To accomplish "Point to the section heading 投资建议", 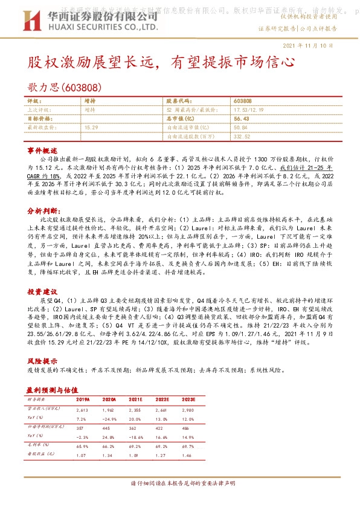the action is [42, 291].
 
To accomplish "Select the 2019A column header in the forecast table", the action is [83, 400].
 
